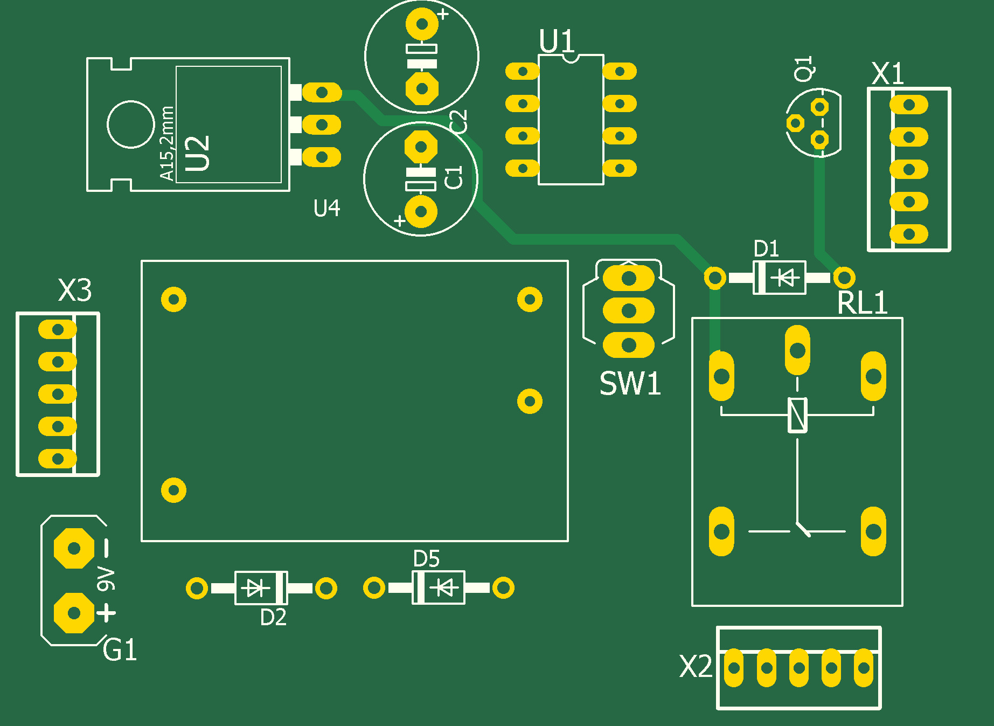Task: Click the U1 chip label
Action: (x=557, y=41)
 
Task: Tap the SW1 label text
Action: (x=630, y=384)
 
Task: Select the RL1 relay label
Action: (x=862, y=303)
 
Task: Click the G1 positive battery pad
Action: (x=74, y=613)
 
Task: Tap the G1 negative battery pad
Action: (x=74, y=549)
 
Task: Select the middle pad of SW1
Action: (x=629, y=311)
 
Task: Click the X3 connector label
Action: (x=75, y=291)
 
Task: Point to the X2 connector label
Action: (x=696, y=667)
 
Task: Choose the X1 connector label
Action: (x=887, y=74)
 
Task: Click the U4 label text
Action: (x=326, y=208)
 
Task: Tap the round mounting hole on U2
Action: (x=131, y=124)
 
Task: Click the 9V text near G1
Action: (x=106, y=578)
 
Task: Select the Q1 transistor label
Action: (x=804, y=68)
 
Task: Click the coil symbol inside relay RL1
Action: (x=797, y=415)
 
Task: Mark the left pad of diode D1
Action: (x=715, y=278)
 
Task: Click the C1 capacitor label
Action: (x=454, y=178)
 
